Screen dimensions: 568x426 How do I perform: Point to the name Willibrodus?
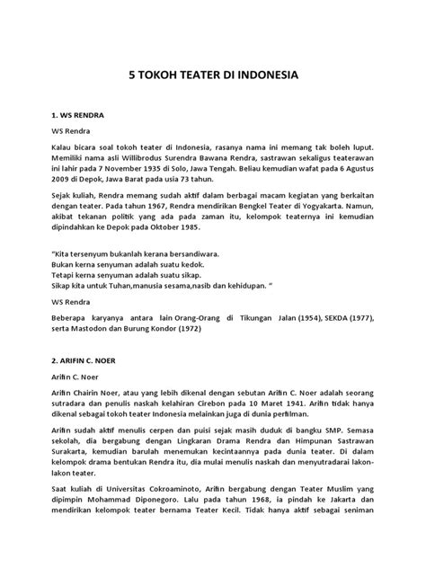click(x=138, y=167)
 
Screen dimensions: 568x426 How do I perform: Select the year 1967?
click(x=164, y=229)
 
